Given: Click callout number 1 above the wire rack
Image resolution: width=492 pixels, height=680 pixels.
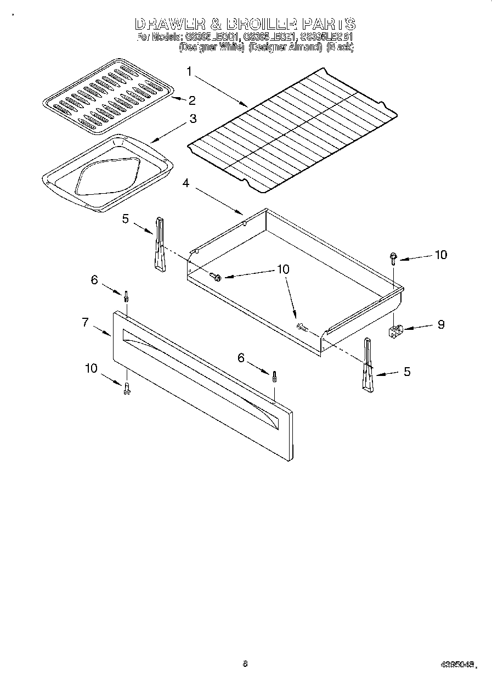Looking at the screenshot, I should (x=189, y=71).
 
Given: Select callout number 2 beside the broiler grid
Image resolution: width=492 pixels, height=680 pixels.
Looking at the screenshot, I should (x=191, y=100).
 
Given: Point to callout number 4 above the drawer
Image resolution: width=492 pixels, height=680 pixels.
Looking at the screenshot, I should (x=186, y=183).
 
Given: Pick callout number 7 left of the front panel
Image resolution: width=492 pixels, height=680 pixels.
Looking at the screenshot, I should (x=86, y=322).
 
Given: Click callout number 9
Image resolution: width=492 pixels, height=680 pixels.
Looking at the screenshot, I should (x=440, y=324).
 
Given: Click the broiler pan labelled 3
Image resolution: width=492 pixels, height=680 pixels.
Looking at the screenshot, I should (x=107, y=173).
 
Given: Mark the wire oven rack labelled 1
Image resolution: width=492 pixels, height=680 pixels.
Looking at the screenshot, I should (x=292, y=131).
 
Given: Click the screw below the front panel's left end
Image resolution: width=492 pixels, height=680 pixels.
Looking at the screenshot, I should (x=127, y=387).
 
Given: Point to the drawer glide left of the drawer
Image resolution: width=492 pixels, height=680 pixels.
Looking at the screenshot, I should (x=159, y=244).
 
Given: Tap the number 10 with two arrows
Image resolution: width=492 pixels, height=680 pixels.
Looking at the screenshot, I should (x=283, y=269).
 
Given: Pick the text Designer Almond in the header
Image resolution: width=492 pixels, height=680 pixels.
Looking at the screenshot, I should (x=285, y=47).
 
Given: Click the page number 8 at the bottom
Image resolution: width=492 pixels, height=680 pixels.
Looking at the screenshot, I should (x=245, y=664).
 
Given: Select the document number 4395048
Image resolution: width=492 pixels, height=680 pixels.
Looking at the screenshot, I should (x=456, y=665).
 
